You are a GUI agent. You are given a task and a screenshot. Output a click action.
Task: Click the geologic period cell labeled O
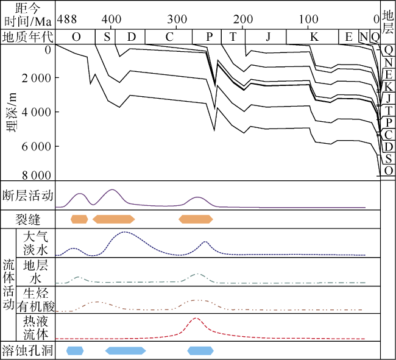[76, 37]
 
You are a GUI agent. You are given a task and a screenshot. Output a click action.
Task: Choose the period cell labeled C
[169, 37]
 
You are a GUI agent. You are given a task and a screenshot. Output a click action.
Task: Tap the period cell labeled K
[314, 37]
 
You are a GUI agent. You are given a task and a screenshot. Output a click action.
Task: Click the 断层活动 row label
[29, 196]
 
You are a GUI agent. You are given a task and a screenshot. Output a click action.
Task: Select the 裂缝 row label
[29, 219]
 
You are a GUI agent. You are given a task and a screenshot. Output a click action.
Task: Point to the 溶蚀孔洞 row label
[29, 350]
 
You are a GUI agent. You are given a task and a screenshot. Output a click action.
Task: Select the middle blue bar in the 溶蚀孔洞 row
[126, 350]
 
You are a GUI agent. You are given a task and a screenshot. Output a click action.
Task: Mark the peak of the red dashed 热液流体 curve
[196, 318]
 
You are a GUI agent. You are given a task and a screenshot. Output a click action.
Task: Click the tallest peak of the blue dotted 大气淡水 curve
[125, 232]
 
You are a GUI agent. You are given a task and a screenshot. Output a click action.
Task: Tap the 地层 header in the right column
[387, 21]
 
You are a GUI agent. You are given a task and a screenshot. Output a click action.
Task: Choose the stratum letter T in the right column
[388, 110]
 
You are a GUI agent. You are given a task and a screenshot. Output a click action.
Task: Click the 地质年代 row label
[28, 37]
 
